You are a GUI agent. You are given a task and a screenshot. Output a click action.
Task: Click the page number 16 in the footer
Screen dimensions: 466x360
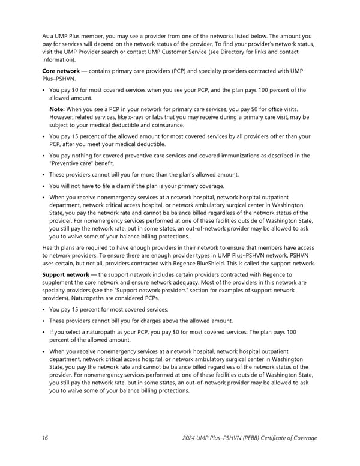point(45,438)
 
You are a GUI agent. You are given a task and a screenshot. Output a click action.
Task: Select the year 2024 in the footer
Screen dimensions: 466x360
point(191,438)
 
